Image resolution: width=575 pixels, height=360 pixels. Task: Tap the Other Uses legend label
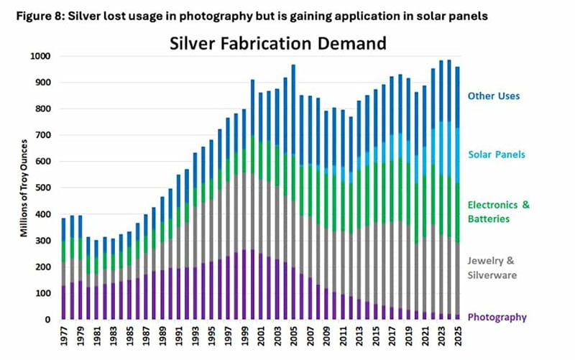pyautogui.click(x=492, y=96)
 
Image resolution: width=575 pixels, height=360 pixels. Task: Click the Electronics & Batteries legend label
pyautogui.click(x=498, y=210)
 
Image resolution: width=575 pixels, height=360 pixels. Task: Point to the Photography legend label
pyautogui.click(x=497, y=317)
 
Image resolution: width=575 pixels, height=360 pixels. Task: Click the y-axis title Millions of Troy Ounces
pyautogui.click(x=24, y=189)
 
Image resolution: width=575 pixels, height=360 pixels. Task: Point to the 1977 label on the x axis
pyautogui.click(x=64, y=337)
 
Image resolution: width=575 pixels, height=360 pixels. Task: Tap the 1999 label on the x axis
pyautogui.click(x=244, y=337)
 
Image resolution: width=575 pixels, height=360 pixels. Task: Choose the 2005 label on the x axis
pyautogui.click(x=293, y=337)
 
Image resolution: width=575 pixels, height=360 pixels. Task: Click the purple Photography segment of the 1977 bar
pyautogui.click(x=64, y=303)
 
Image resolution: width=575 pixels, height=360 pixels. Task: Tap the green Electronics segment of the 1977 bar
pyautogui.click(x=64, y=251)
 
